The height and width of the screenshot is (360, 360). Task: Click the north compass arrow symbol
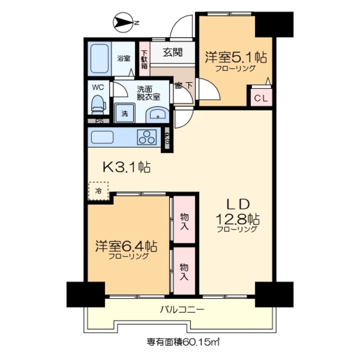[x=123, y=22]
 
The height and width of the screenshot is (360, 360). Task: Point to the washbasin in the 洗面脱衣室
[x=156, y=114]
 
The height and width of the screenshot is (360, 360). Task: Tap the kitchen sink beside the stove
[x=101, y=137]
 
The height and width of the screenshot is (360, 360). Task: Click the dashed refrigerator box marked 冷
[x=98, y=191]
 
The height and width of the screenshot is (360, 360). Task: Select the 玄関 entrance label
[x=172, y=53]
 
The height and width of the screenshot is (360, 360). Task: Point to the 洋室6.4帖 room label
[x=125, y=246]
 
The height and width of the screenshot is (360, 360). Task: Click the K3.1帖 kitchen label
[x=124, y=167]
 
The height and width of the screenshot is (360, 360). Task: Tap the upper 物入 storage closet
[x=184, y=220]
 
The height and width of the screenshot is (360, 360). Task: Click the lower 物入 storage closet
[x=184, y=272]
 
